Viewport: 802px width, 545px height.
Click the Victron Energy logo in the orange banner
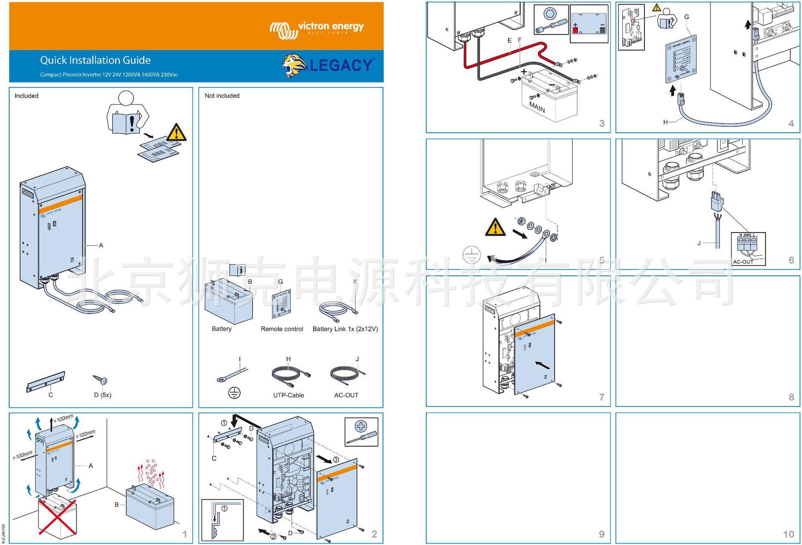click(317, 29)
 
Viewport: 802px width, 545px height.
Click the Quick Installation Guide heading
click(95, 60)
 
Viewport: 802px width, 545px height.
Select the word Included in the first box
click(26, 96)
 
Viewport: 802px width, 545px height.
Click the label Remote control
click(282, 329)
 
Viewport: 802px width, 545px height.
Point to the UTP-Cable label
click(288, 395)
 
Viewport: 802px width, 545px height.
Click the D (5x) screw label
click(102, 395)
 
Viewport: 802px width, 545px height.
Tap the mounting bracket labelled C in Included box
click(46, 382)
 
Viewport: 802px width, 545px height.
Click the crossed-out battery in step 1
click(57, 517)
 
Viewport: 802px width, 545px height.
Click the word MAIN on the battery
click(537, 107)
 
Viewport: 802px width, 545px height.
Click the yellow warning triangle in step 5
click(495, 228)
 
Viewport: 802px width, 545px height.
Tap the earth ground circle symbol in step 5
click(472, 255)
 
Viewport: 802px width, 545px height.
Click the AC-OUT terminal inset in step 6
click(748, 248)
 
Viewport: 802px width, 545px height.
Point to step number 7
click(601, 397)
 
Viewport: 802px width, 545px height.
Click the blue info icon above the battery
click(237, 270)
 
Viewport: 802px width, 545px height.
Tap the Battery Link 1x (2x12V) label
click(345, 329)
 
